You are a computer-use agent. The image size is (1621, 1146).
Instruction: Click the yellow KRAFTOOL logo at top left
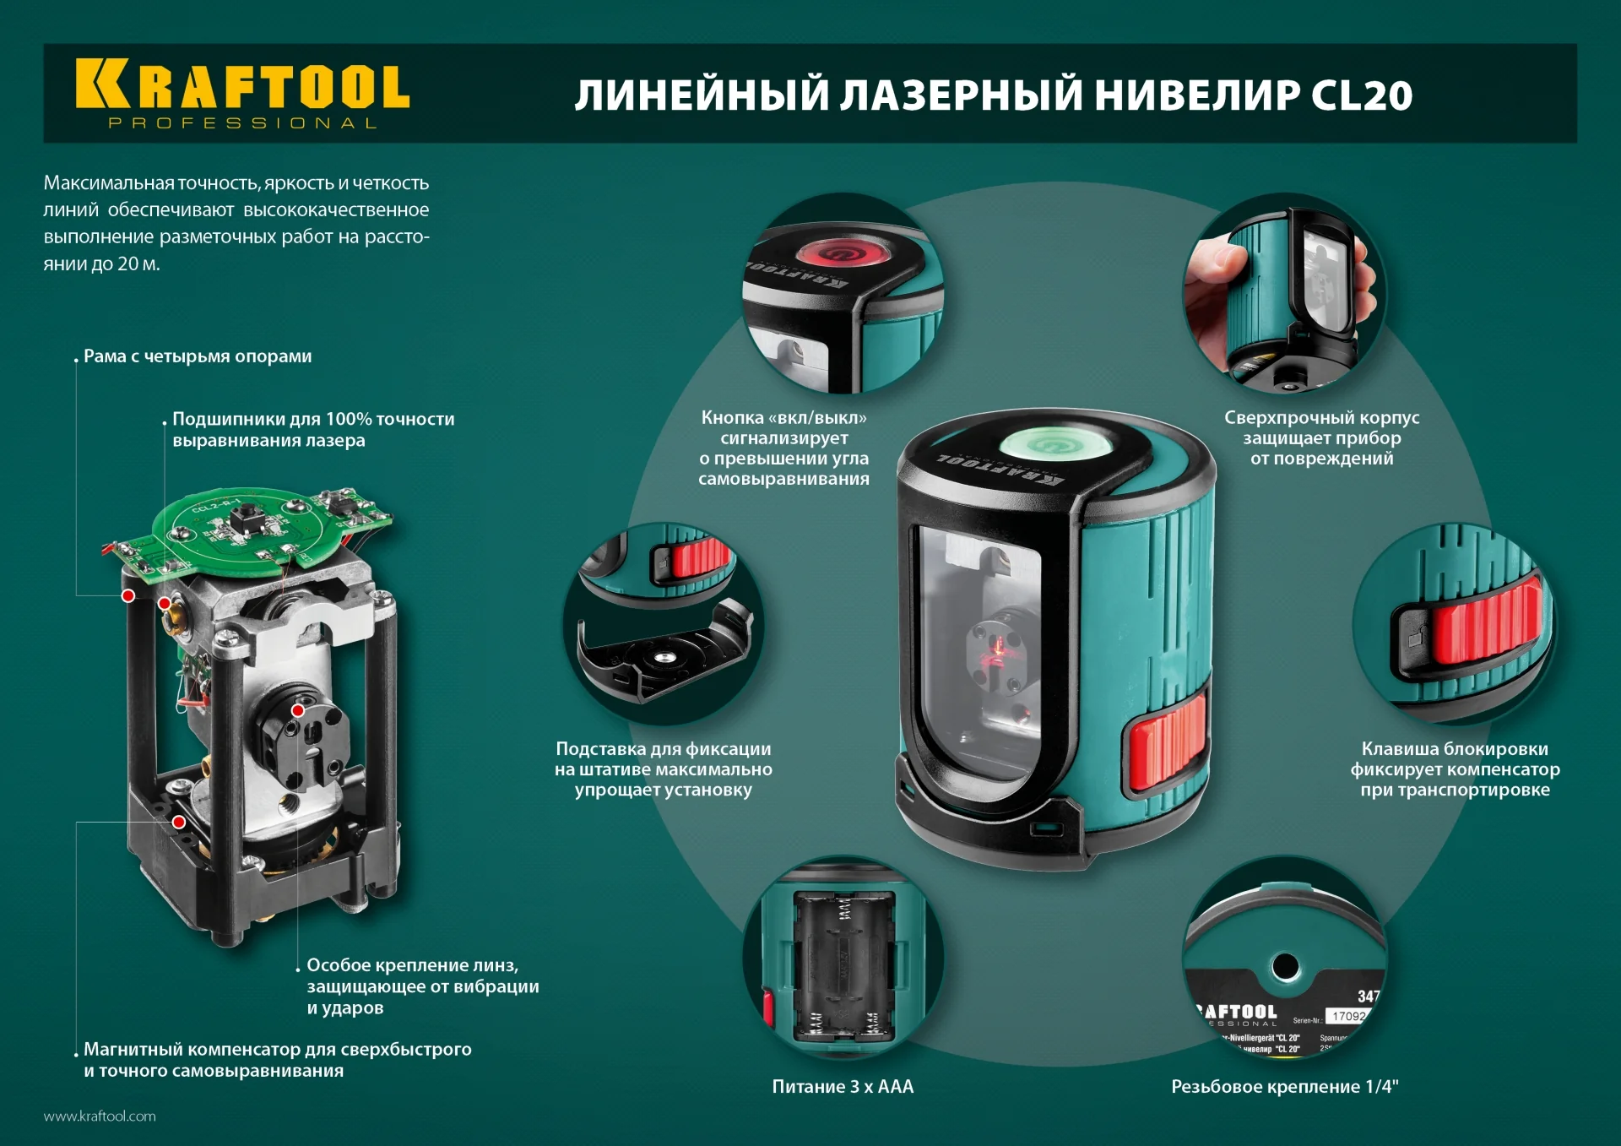tap(242, 84)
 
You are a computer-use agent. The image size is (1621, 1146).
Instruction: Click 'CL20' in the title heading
tap(1361, 95)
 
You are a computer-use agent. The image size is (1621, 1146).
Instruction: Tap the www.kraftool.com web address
tap(100, 1116)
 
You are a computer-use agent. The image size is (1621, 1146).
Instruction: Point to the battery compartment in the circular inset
tap(843, 965)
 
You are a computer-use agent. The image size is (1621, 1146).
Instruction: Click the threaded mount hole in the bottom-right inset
tap(1285, 965)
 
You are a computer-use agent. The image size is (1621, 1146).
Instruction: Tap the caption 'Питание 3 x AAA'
tap(843, 1087)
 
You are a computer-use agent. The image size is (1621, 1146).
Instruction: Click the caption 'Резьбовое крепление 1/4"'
tap(1284, 1087)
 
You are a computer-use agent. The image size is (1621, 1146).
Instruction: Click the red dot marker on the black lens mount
tap(298, 710)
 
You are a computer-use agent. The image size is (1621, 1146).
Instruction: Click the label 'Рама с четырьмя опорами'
tap(198, 356)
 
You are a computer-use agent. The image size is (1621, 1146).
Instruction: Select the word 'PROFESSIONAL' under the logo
tap(242, 123)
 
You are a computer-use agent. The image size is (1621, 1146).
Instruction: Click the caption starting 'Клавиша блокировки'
tap(1454, 769)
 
